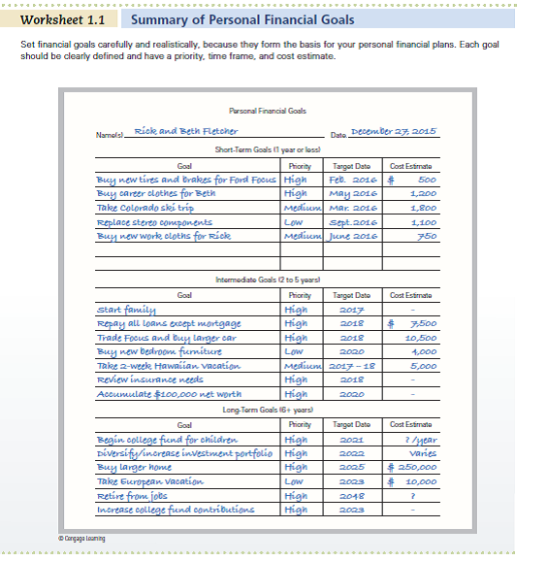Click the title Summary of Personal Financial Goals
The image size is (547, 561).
[x=241, y=19]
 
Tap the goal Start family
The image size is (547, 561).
[x=121, y=310]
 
